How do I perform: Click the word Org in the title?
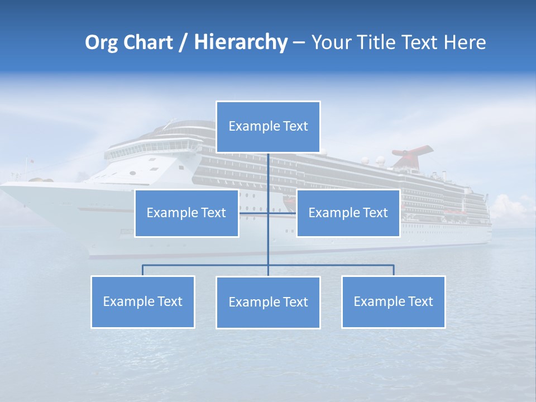tap(102, 42)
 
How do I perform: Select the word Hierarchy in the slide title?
tap(240, 42)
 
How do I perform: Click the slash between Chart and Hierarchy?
tap(183, 43)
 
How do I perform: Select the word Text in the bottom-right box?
tap(420, 301)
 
